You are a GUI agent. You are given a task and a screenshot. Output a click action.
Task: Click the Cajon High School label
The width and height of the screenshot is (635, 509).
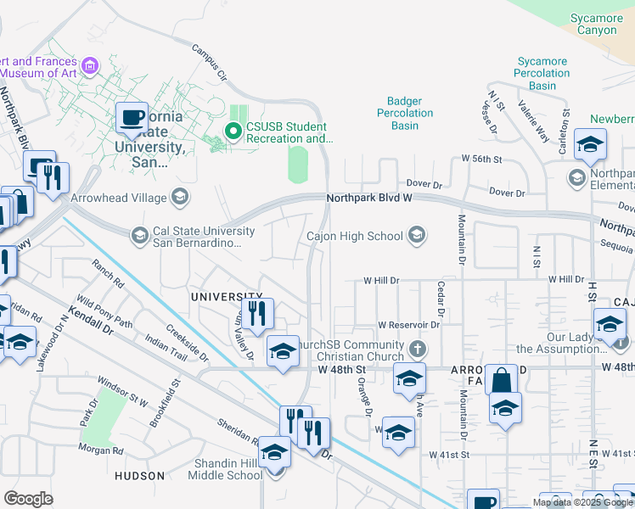click(x=354, y=236)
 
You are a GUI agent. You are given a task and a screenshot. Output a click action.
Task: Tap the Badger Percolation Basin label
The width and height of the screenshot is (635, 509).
click(x=405, y=113)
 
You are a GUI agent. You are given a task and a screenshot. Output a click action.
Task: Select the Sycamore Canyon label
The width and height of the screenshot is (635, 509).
click(x=597, y=24)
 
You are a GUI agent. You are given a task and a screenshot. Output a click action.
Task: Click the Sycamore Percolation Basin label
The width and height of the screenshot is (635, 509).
click(x=542, y=74)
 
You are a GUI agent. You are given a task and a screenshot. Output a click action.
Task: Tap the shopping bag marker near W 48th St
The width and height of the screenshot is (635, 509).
click(x=502, y=379)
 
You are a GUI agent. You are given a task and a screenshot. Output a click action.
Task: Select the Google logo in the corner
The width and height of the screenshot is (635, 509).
click(x=28, y=499)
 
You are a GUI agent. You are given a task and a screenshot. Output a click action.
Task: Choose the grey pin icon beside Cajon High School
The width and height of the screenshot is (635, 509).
click(x=417, y=235)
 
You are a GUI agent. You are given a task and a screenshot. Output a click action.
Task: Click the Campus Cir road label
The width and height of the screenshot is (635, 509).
click(x=210, y=63)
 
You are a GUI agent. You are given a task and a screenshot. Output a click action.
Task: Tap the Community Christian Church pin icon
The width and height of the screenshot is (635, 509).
click(x=417, y=348)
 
